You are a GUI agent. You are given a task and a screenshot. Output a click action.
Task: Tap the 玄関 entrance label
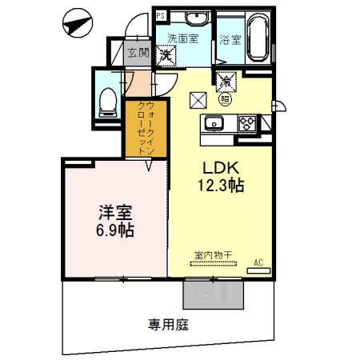coord(137,53)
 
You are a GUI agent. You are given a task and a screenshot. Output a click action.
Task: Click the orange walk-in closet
coord(144,130)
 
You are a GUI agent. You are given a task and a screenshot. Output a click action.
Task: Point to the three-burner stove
coord(248,122)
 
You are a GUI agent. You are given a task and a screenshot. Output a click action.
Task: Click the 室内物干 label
coord(212,256)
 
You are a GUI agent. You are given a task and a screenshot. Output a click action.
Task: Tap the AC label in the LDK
coord(258,262)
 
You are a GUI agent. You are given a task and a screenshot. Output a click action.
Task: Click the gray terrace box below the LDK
coord(212,295)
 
